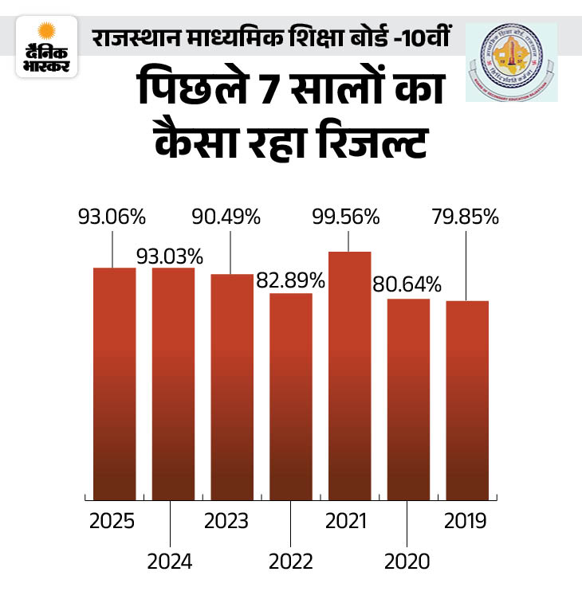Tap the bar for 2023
[231, 387]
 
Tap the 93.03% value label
[169, 256]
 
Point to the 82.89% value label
[290, 280]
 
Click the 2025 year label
[112, 522]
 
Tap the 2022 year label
[290, 561]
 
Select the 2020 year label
[407, 561]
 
